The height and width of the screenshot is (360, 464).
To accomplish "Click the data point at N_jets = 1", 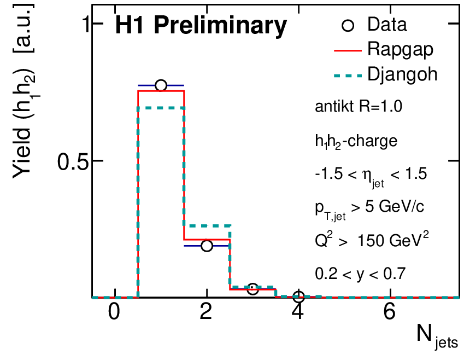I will click(161, 85).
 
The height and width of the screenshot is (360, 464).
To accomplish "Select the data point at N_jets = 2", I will click(207, 246).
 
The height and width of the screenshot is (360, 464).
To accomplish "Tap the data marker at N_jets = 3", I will click(252, 289).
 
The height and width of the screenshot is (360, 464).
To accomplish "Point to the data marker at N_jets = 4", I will click(298, 297).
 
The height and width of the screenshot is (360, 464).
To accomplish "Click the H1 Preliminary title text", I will click(200, 26).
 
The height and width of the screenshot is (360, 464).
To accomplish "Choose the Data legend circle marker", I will click(350, 25).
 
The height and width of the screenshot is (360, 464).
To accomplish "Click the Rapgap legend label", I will click(401, 49).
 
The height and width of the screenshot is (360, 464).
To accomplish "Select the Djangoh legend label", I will click(403, 73).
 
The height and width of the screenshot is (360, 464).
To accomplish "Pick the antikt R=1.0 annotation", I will click(359, 107).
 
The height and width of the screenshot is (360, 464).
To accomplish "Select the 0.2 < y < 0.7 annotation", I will click(360, 273).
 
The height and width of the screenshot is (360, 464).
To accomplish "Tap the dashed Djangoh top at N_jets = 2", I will click(207, 225).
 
